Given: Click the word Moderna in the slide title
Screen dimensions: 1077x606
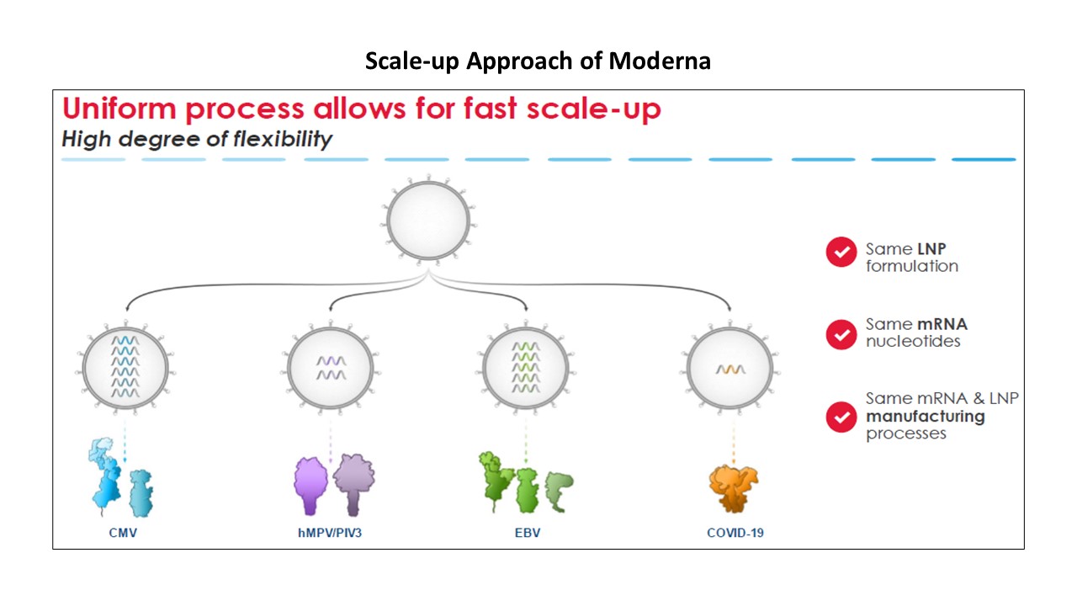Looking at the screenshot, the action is point(660,61).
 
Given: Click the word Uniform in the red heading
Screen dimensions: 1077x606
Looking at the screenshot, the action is point(119,109).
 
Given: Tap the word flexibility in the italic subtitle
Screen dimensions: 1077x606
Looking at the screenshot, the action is point(283,140).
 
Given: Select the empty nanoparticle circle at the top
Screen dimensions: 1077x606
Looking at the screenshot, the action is point(428,221).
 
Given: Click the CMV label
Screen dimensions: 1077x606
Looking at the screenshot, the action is point(123,533).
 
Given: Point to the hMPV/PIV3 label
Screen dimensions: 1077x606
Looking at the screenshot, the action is point(330,533).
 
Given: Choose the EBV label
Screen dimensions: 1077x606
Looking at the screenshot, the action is point(528,533).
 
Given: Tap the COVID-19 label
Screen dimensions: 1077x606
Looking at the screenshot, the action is point(735,533).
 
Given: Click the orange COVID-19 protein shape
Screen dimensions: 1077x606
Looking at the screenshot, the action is point(733,488).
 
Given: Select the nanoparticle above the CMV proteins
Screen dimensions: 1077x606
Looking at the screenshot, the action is point(125,369).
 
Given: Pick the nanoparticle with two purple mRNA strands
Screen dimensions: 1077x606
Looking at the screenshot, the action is point(331,369).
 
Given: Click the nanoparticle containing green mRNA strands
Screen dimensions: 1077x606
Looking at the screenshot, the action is point(526,369).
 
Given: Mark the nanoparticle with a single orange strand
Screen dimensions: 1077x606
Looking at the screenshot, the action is point(730,369).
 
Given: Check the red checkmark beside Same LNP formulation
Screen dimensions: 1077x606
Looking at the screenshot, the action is point(841,252).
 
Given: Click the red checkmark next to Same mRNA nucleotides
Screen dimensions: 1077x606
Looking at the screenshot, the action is point(841,334).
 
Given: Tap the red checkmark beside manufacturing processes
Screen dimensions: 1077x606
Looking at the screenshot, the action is point(841,417).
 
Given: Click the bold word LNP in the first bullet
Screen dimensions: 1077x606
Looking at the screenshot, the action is point(931,249).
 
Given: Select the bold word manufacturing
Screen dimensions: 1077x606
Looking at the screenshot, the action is point(926,417).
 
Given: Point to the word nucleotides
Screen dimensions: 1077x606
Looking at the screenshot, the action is point(913,342).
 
